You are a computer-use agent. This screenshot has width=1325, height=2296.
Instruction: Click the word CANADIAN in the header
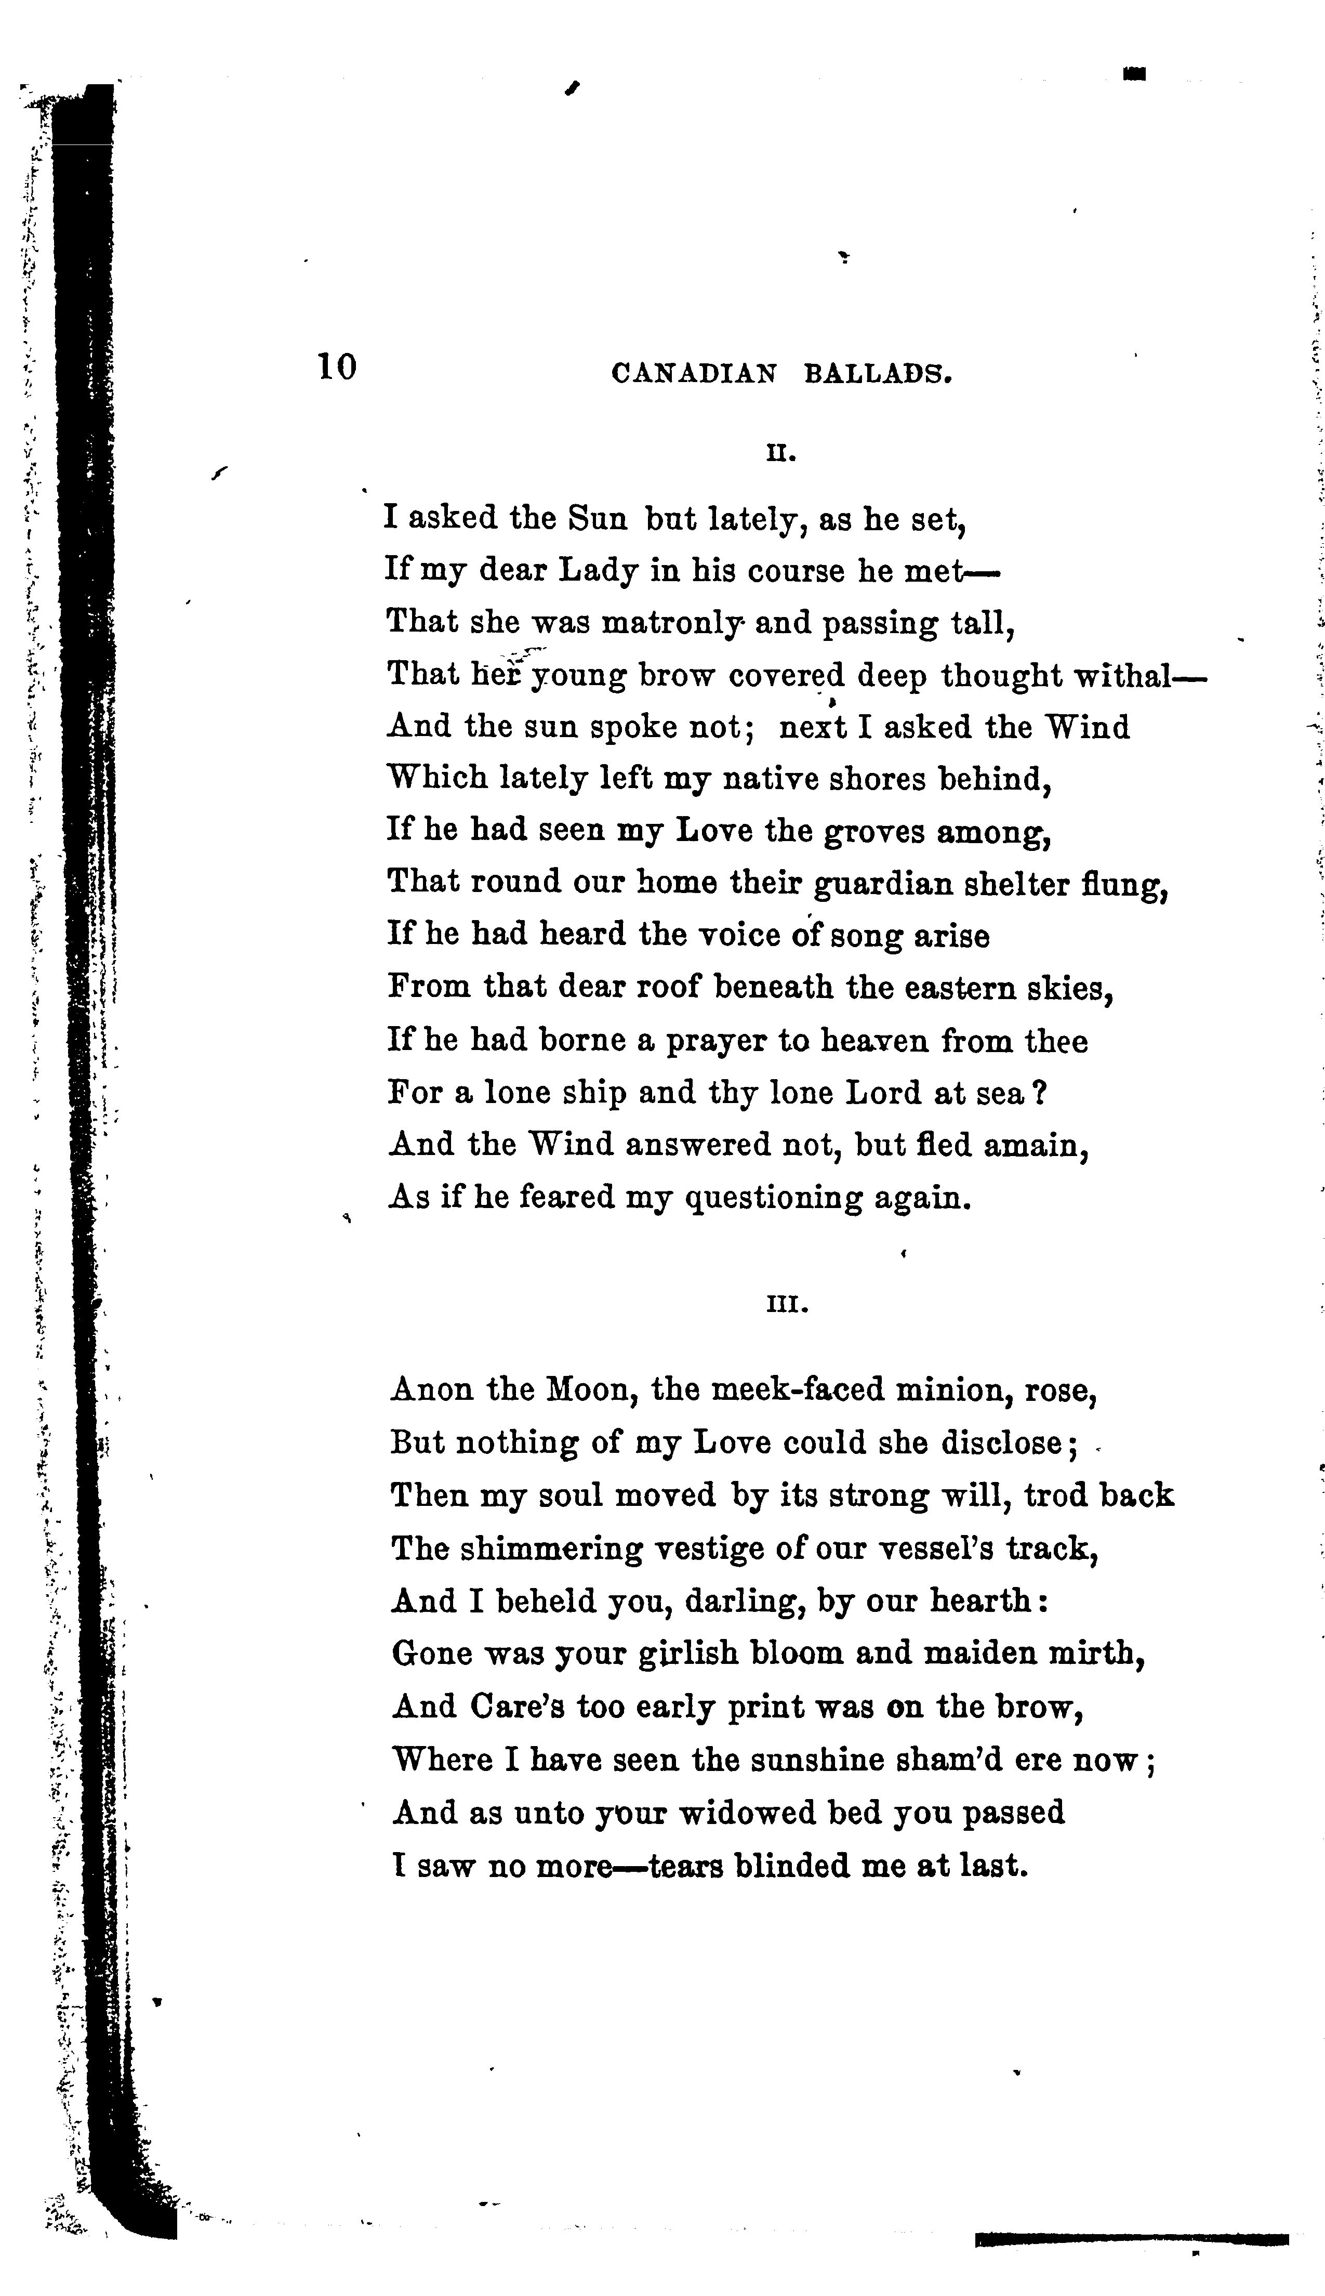(x=694, y=373)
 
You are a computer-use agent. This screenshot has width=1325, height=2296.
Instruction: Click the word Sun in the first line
(x=597, y=518)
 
